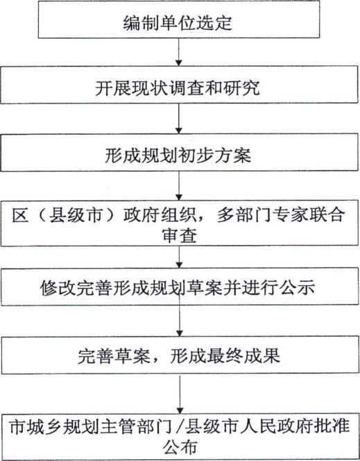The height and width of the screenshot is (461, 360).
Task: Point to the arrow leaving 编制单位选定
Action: (179, 52)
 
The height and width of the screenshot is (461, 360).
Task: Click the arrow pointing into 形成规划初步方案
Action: (179, 119)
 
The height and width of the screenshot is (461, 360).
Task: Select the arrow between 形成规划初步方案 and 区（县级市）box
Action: (179, 186)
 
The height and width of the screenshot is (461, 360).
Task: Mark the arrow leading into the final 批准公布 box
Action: (180, 394)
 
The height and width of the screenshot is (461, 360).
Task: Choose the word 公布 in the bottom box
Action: (180, 447)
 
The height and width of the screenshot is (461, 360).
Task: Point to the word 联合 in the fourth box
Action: (326, 215)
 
